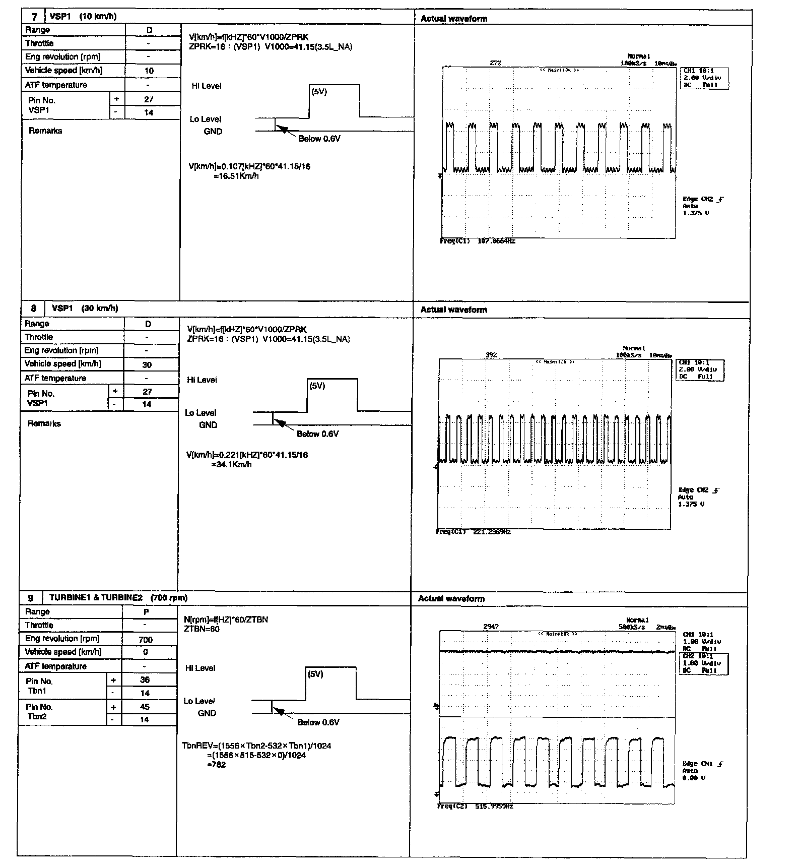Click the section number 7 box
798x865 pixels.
tap(34, 16)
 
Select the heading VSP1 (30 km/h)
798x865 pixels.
tap(85, 308)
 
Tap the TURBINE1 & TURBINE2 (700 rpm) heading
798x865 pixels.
tap(118, 598)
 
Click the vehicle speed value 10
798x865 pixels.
tap(149, 71)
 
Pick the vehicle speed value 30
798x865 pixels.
tap(147, 364)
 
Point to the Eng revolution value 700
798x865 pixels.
tap(146, 639)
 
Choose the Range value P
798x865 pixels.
tap(146, 612)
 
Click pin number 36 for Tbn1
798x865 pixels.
tap(145, 679)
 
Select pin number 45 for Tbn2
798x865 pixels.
tap(145, 707)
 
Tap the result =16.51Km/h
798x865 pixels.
tap(236, 176)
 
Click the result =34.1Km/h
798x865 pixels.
tap(231, 464)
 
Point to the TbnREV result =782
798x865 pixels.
tap(217, 765)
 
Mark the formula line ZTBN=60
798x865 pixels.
tap(202, 629)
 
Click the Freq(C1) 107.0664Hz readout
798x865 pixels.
tap(478, 241)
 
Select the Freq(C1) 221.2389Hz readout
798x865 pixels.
tap(474, 532)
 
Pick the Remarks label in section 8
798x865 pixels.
tap(44, 423)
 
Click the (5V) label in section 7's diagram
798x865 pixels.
tap(319, 92)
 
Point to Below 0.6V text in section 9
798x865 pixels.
tap(318, 722)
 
